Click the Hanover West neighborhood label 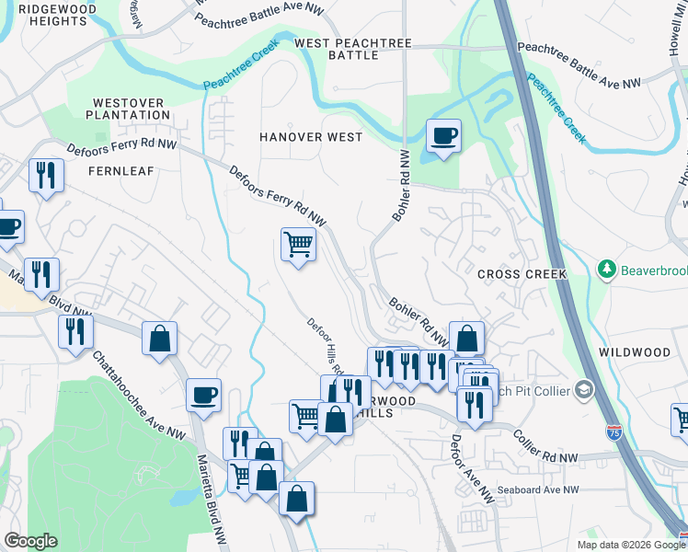(x=310, y=136)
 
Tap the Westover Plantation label (x=130, y=109)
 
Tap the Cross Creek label (x=522, y=274)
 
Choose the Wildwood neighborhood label (x=635, y=352)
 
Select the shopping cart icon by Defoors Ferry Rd (x=297, y=246)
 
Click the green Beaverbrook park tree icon (x=607, y=269)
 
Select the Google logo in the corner (x=30, y=541)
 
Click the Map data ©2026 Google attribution (x=630, y=545)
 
